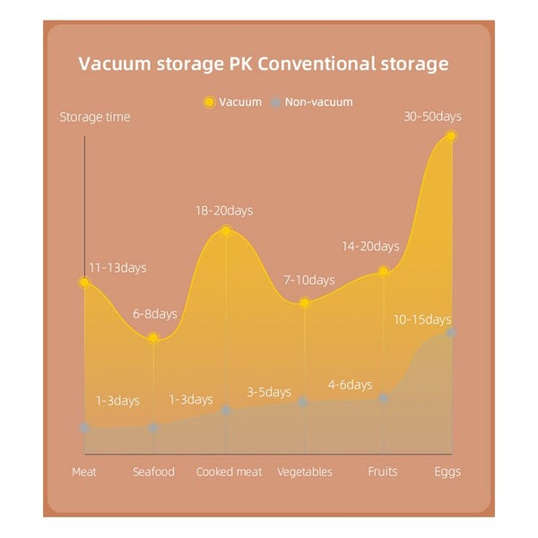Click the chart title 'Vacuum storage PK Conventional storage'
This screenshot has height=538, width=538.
pos(263,64)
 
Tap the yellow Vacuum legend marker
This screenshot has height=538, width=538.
pos(209,102)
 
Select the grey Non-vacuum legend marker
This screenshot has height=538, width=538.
pos(275,102)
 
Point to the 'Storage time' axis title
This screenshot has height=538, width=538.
pos(95,117)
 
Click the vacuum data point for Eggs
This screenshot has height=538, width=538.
pos(451,136)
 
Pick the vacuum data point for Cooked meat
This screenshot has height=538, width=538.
pos(226,230)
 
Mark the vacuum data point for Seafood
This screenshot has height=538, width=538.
pos(153,338)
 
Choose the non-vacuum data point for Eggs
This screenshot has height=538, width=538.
pos(451,333)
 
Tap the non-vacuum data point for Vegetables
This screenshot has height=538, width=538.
pos(303,402)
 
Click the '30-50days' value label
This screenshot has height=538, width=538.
pos(432,117)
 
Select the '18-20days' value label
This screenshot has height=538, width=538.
pos(224,211)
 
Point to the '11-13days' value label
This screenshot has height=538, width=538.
pos(117,267)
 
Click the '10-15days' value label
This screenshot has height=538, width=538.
pos(421,319)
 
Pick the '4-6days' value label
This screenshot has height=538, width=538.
pos(350,385)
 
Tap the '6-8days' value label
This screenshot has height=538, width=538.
pos(155,314)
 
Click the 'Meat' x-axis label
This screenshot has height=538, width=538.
pos(84,472)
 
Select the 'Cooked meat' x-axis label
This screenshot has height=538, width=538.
pos(229,472)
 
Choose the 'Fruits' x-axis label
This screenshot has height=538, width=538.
pos(383,472)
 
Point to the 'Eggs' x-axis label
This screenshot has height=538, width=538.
pos(447,472)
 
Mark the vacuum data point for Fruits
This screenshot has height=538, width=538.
pos(384,271)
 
